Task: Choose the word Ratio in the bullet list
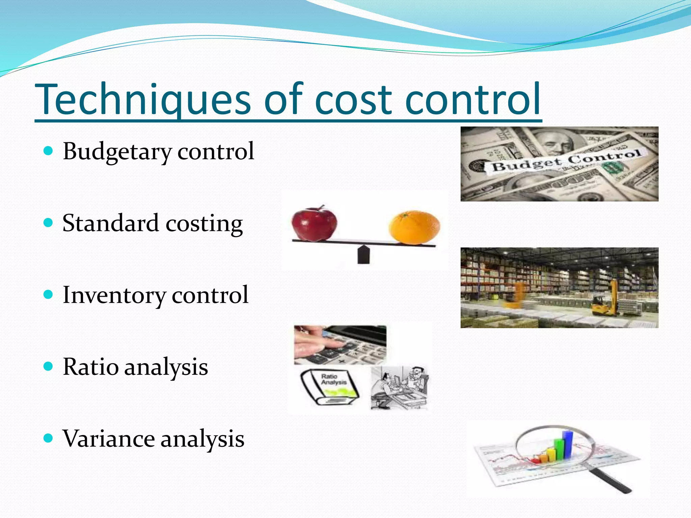(91, 367)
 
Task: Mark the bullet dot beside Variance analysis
(49, 438)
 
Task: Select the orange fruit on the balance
(414, 227)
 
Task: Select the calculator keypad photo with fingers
(340, 345)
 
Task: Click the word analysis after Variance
(202, 439)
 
